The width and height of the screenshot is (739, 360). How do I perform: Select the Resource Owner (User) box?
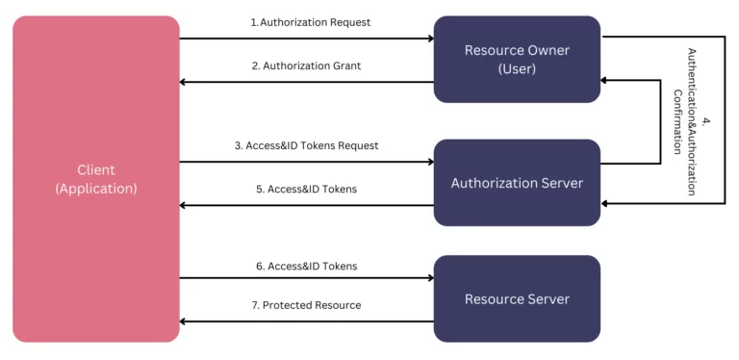pyautogui.click(x=517, y=59)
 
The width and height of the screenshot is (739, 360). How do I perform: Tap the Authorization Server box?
pyautogui.click(x=517, y=183)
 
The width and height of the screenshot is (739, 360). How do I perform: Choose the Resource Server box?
pyautogui.click(x=517, y=298)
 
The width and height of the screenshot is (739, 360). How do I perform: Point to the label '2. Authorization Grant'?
pyautogui.click(x=306, y=66)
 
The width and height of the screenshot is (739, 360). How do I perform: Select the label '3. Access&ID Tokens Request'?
pyautogui.click(x=306, y=146)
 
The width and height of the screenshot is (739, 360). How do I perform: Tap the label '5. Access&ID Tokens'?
pyautogui.click(x=306, y=190)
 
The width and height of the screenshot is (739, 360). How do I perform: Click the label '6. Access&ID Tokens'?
pyautogui.click(x=306, y=266)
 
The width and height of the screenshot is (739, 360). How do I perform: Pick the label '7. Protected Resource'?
pyautogui.click(x=306, y=305)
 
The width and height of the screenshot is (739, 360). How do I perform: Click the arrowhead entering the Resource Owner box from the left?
pyautogui.click(x=429, y=39)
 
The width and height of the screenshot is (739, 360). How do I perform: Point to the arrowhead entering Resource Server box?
pyautogui.click(x=429, y=278)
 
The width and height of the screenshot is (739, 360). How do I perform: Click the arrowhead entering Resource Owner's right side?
pyautogui.click(x=606, y=81)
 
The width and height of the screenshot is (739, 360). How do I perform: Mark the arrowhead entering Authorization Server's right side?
pyautogui.click(x=606, y=203)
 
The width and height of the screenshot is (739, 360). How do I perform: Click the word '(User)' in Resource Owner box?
pyautogui.click(x=517, y=68)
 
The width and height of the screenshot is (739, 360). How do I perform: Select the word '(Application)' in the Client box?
pyautogui.click(x=96, y=189)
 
